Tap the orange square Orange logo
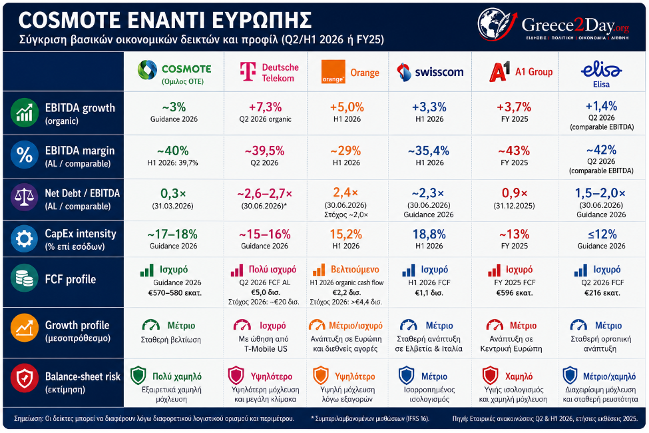point(333,72)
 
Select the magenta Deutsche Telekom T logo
point(248,72)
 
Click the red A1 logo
point(500,71)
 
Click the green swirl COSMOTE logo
point(147,69)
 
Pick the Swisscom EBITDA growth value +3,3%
point(429,107)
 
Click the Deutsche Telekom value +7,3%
point(266,107)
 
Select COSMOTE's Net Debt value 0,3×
point(173,193)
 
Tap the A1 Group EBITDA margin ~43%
point(514,151)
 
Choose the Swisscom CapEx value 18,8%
point(429,234)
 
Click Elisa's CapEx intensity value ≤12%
point(602,234)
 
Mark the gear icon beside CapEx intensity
point(24,239)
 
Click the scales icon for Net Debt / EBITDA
point(24,197)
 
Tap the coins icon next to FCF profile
point(24,278)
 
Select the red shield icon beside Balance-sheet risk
point(24,378)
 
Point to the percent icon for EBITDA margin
point(24,155)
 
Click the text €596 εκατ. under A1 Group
point(515,293)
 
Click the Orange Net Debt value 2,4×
point(345,193)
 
